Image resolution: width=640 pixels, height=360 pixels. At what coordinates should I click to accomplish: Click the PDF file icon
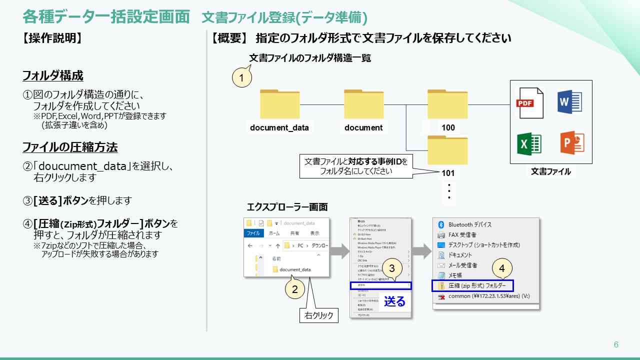click(529, 102)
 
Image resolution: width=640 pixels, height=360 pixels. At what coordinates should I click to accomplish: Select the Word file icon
click(569, 102)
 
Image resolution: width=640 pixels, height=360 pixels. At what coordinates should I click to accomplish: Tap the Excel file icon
click(529, 143)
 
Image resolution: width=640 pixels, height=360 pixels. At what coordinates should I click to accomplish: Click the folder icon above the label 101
click(447, 150)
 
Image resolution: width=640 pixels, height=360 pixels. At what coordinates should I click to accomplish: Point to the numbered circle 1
click(242, 78)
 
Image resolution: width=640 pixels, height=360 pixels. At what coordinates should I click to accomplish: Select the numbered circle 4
click(502, 268)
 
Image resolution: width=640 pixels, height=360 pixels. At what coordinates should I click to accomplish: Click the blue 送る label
click(394, 301)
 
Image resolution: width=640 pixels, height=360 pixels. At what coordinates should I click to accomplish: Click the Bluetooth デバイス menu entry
click(469, 224)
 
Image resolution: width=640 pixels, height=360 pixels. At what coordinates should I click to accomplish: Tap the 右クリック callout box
click(319, 315)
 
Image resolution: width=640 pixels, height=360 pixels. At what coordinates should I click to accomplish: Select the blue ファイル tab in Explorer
click(253, 233)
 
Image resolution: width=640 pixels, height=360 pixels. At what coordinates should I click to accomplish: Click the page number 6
click(616, 344)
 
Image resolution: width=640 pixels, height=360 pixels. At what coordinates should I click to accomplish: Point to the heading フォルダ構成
click(53, 76)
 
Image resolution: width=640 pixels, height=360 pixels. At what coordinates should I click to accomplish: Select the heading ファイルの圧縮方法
click(70, 147)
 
